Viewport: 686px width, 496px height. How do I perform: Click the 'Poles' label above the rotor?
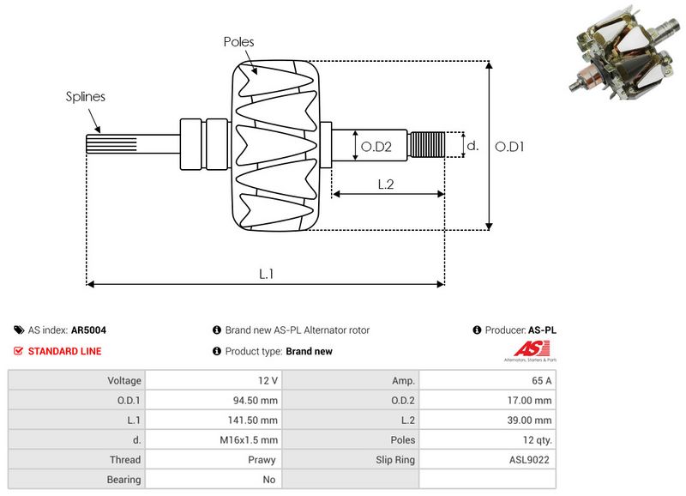point(238,41)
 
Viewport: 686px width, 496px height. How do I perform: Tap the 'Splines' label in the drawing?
point(86,96)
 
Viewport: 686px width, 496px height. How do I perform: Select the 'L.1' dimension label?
point(266,274)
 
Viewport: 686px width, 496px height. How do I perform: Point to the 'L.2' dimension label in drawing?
point(387,183)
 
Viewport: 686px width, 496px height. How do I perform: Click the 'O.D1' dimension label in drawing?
point(510,147)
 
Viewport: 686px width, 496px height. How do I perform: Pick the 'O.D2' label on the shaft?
point(376,147)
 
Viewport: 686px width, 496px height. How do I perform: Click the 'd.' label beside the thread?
point(472,146)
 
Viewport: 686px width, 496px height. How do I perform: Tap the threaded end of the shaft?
point(426,144)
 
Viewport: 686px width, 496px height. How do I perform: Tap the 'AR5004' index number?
point(88,330)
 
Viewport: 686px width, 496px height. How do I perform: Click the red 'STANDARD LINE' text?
point(64,351)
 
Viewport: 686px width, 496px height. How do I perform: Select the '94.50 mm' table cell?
point(258,400)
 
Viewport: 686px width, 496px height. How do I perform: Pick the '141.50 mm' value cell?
point(256,420)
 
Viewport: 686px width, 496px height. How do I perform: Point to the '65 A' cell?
point(540,380)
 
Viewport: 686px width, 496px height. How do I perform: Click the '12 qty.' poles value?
point(534,439)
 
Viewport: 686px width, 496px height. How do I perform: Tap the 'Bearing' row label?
point(123,480)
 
